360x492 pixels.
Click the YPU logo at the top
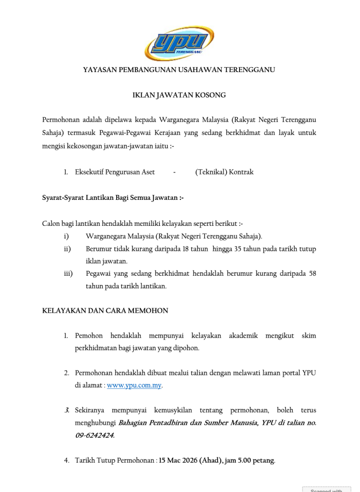click(x=179, y=43)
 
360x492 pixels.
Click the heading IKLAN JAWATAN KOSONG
click(x=179, y=96)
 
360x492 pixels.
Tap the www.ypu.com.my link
click(x=134, y=385)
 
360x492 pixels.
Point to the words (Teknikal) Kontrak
click(x=224, y=172)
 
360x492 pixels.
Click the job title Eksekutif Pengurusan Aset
click(x=115, y=172)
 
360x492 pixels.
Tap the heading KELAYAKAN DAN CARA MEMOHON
click(x=105, y=311)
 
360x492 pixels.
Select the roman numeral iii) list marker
click(x=68, y=274)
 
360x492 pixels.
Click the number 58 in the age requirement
click(x=312, y=274)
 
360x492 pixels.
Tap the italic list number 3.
click(x=67, y=410)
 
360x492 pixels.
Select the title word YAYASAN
click(x=99, y=70)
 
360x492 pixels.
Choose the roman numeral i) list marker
click(x=66, y=236)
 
